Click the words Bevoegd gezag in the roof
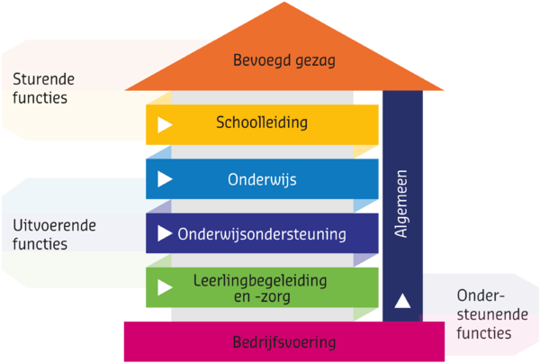coord(284,60)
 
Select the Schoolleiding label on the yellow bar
coord(262,123)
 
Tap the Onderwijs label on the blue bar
coord(262,179)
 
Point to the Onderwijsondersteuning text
coord(262,234)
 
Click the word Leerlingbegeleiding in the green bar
coord(260,281)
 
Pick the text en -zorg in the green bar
coord(262,297)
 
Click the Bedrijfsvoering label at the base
coord(284,342)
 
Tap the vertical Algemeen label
coord(400,204)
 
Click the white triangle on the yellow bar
coord(165,125)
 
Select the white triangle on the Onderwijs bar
coord(165,179)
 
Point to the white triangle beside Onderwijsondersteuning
coord(165,233)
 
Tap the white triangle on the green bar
coord(165,287)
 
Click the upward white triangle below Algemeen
coord(402,301)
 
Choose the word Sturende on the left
coord(44,79)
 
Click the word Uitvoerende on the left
coord(54,226)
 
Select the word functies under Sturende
coord(40,97)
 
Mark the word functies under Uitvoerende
coord(40,244)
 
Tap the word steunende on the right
coord(492,314)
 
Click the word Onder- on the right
coord(481,295)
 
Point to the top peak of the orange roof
coord(284,2)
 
